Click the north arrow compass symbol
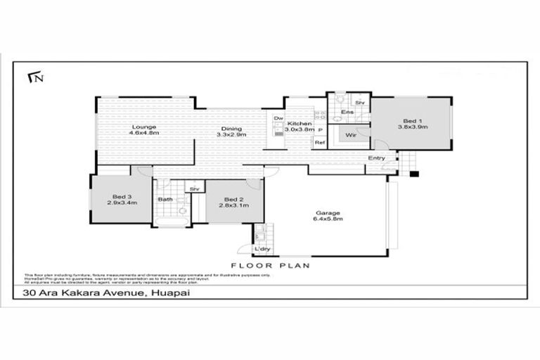[x=33, y=77]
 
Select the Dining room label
[x=231, y=129]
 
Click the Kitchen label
[x=299, y=124]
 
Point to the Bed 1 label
[x=413, y=120]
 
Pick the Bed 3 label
[x=122, y=197]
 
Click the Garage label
[x=328, y=213]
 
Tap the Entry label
[x=376, y=158]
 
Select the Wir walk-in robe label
[x=349, y=134]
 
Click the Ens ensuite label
[x=347, y=112]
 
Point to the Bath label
[x=165, y=200]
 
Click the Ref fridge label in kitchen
[x=320, y=143]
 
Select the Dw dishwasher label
[x=278, y=118]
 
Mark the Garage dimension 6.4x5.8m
[x=328, y=219]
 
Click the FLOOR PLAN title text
[x=271, y=266]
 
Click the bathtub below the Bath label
[x=169, y=222]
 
